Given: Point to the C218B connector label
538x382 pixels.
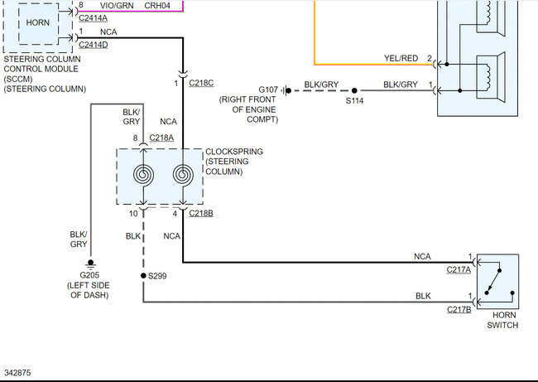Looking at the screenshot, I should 200,214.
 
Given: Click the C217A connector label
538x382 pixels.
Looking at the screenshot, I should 458,268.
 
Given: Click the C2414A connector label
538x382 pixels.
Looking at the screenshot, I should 93,17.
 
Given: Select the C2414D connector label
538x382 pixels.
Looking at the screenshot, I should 93,44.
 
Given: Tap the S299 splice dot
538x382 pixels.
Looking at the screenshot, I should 143,275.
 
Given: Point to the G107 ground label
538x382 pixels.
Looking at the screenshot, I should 268,89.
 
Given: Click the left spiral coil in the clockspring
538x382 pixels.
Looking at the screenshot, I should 144,176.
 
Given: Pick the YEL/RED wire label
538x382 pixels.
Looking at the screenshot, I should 401,58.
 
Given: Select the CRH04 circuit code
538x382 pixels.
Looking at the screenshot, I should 157,5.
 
